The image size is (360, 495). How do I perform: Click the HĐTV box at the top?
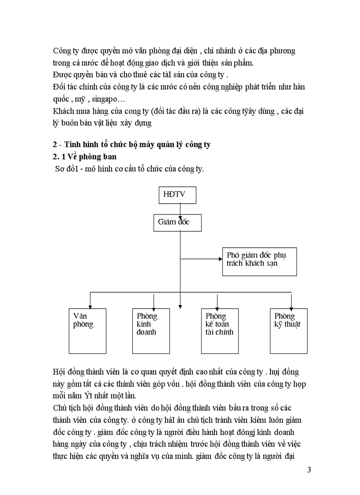coord(177,195)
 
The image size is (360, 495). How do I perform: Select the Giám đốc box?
coord(177,222)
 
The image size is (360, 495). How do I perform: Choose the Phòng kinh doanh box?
coord(150,331)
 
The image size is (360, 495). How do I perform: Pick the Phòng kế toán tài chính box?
coord(220,331)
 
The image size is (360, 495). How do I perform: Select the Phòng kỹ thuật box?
coord(289,331)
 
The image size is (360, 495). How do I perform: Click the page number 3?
coord(309,469)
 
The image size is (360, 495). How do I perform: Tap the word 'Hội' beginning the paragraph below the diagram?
coord(59,372)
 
